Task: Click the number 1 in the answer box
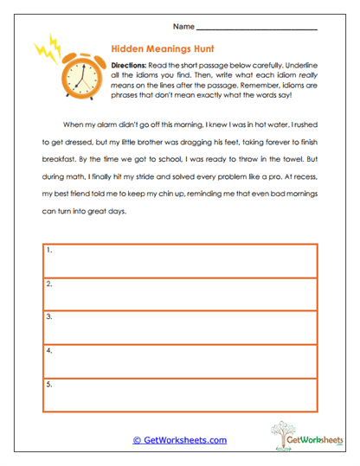click(49, 251)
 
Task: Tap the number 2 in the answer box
click(49, 284)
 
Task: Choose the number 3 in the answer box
click(49, 317)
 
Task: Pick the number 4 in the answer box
click(49, 351)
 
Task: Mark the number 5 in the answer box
click(49, 384)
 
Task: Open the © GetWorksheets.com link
click(180, 440)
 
